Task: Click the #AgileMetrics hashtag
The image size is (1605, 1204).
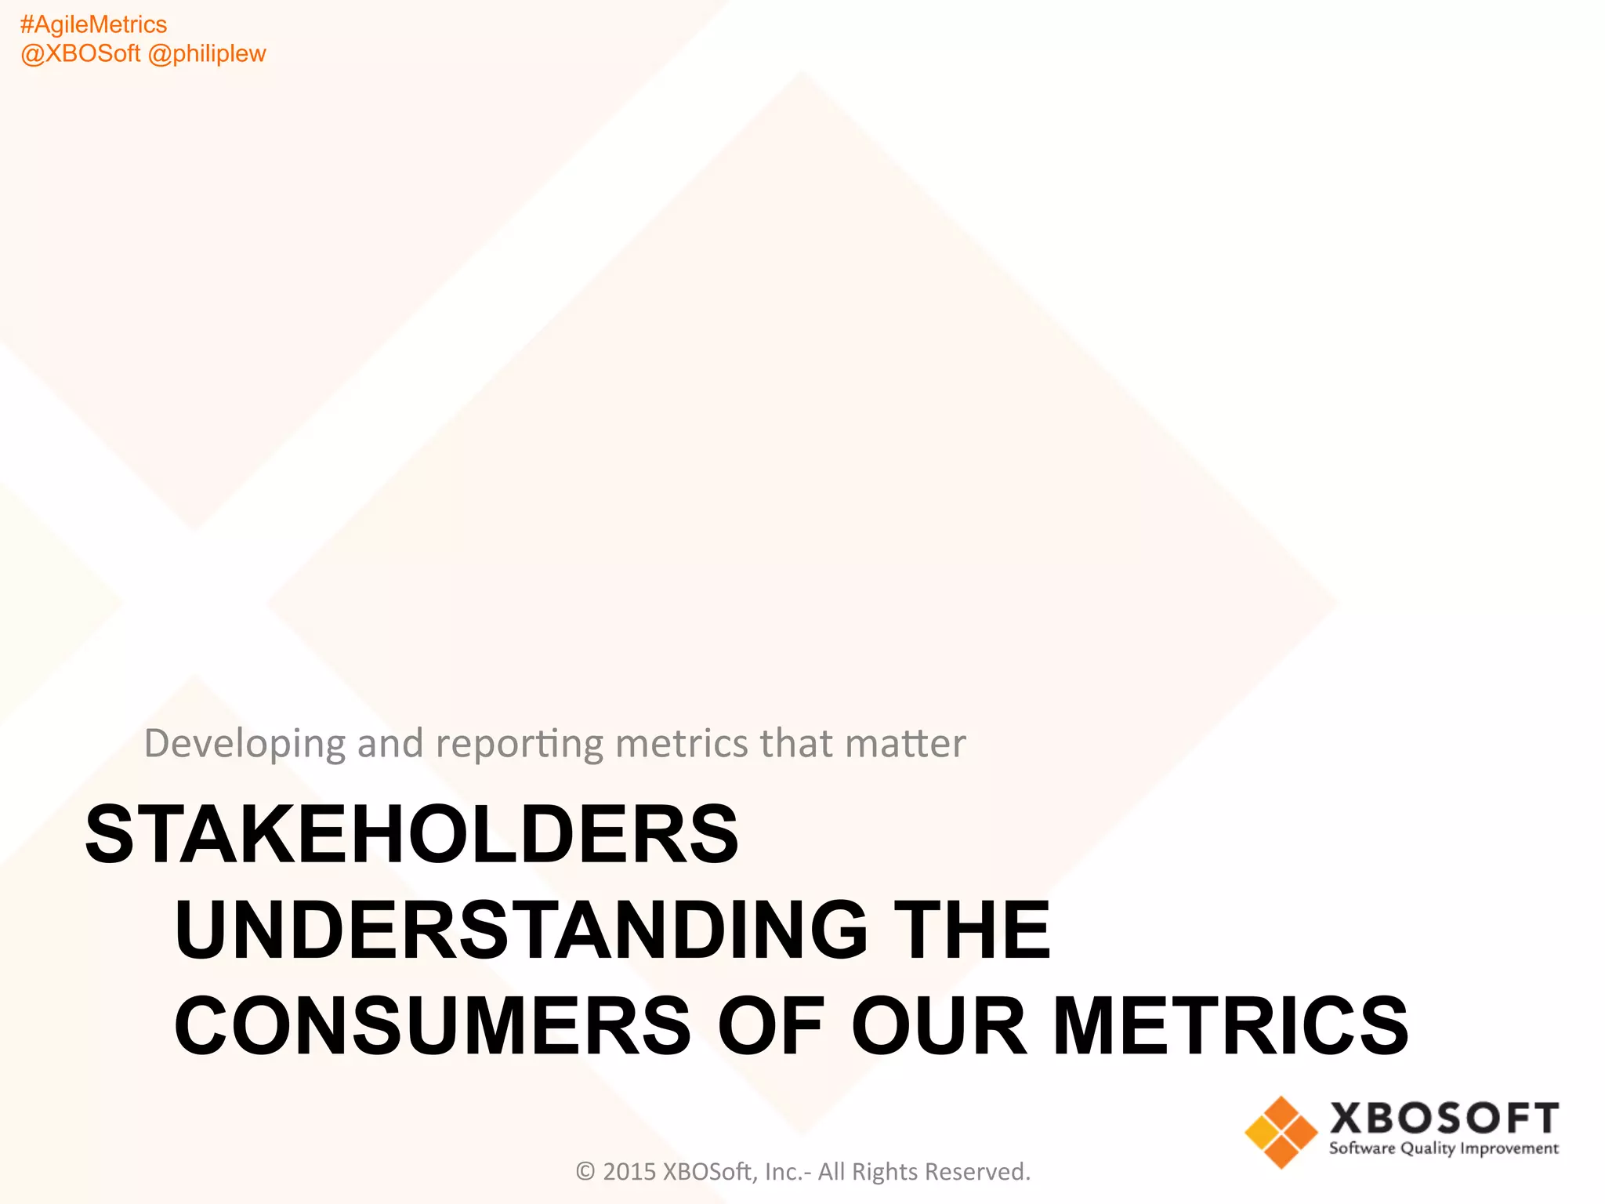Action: pos(93,25)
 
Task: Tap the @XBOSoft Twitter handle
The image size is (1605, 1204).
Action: pos(80,54)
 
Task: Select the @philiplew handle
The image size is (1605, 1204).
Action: pos(207,54)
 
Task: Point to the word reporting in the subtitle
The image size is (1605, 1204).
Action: pos(519,743)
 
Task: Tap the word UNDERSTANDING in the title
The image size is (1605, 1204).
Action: pos(521,930)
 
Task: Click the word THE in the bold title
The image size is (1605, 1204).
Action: pos(972,930)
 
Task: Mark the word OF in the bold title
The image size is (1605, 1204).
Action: pos(770,1026)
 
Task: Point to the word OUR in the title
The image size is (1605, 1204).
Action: pos(938,1026)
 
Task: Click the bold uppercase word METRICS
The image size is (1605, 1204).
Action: pos(1230,1026)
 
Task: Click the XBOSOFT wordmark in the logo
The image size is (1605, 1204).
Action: pos(1444,1119)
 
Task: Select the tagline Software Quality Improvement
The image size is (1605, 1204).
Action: pos(1444,1149)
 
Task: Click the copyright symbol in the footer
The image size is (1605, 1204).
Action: pos(585,1172)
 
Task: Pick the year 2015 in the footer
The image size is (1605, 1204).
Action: pos(629,1172)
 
